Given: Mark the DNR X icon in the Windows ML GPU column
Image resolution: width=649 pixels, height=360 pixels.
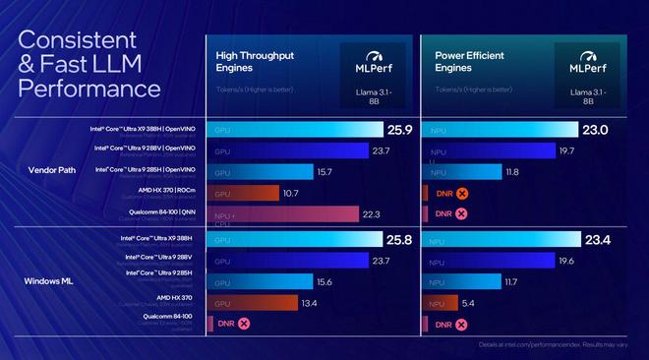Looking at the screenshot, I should click(244, 323).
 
